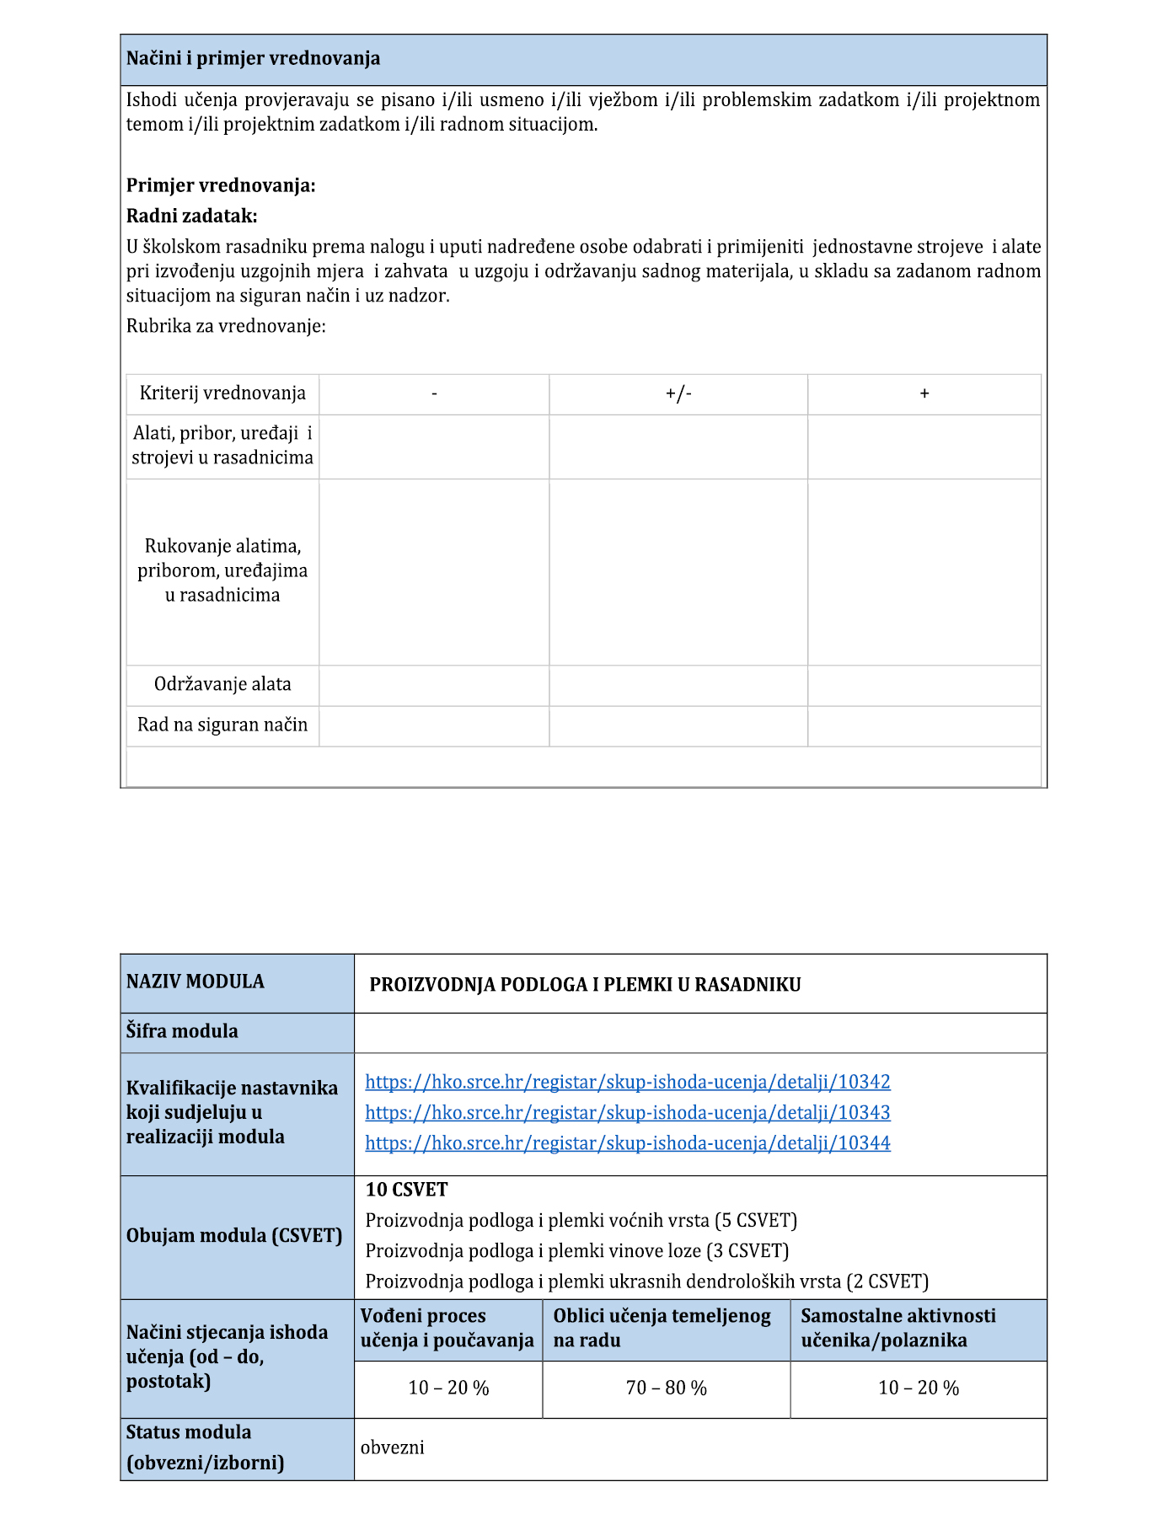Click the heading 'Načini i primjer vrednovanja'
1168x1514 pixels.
253,59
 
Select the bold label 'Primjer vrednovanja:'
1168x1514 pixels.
221,185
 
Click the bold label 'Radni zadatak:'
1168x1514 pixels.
191,216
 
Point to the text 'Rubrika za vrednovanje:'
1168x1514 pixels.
226,326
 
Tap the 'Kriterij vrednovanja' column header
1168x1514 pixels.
222,393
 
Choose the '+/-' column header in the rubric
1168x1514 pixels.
678,393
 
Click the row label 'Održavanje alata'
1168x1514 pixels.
222,684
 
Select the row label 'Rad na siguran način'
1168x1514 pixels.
222,725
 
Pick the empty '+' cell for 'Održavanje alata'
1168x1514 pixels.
924,685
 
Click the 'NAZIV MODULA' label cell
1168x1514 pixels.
196,982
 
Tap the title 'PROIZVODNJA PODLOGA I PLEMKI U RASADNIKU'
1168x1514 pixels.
585,985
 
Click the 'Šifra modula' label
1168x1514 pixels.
182,1031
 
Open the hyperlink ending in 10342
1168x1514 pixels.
628,1082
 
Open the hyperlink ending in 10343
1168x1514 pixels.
628,1112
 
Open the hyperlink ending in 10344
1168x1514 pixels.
628,1142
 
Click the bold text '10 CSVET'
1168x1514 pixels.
406,1190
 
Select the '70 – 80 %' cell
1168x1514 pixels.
666,1388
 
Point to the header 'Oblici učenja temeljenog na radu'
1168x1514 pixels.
662,1328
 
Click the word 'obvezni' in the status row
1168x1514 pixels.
392,1447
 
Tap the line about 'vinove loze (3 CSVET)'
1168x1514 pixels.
576,1250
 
